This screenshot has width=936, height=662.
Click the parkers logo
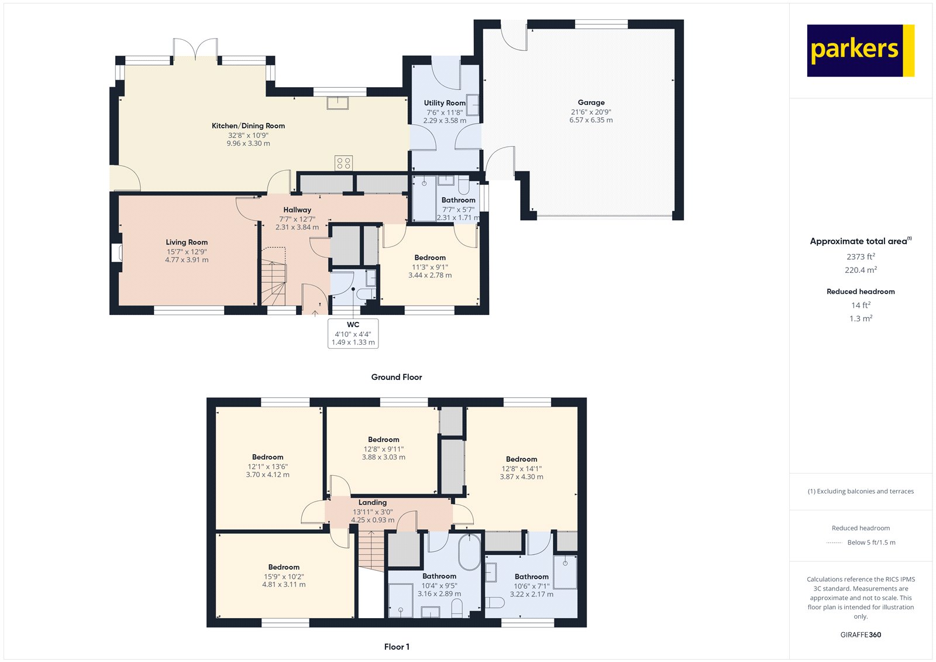click(860, 50)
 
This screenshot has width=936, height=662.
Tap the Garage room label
click(591, 102)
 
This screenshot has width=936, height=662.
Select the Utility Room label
click(445, 103)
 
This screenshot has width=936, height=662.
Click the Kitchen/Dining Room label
click(248, 126)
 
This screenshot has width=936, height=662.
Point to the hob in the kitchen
click(343, 163)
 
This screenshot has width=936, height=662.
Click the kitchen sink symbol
click(338, 102)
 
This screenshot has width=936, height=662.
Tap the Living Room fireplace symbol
click(116, 252)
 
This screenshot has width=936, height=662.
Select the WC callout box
click(353, 334)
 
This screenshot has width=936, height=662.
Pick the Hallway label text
click(297, 210)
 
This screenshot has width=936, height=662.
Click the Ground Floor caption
click(396, 377)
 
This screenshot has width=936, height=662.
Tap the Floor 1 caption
click(397, 647)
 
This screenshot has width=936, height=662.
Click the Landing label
click(372, 503)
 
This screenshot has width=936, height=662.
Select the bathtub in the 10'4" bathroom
click(469, 552)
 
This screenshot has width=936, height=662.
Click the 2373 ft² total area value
click(861, 256)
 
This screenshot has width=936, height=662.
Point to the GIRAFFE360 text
click(861, 634)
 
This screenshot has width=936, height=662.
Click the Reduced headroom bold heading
click(861, 291)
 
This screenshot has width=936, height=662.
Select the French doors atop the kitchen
click(195, 50)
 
